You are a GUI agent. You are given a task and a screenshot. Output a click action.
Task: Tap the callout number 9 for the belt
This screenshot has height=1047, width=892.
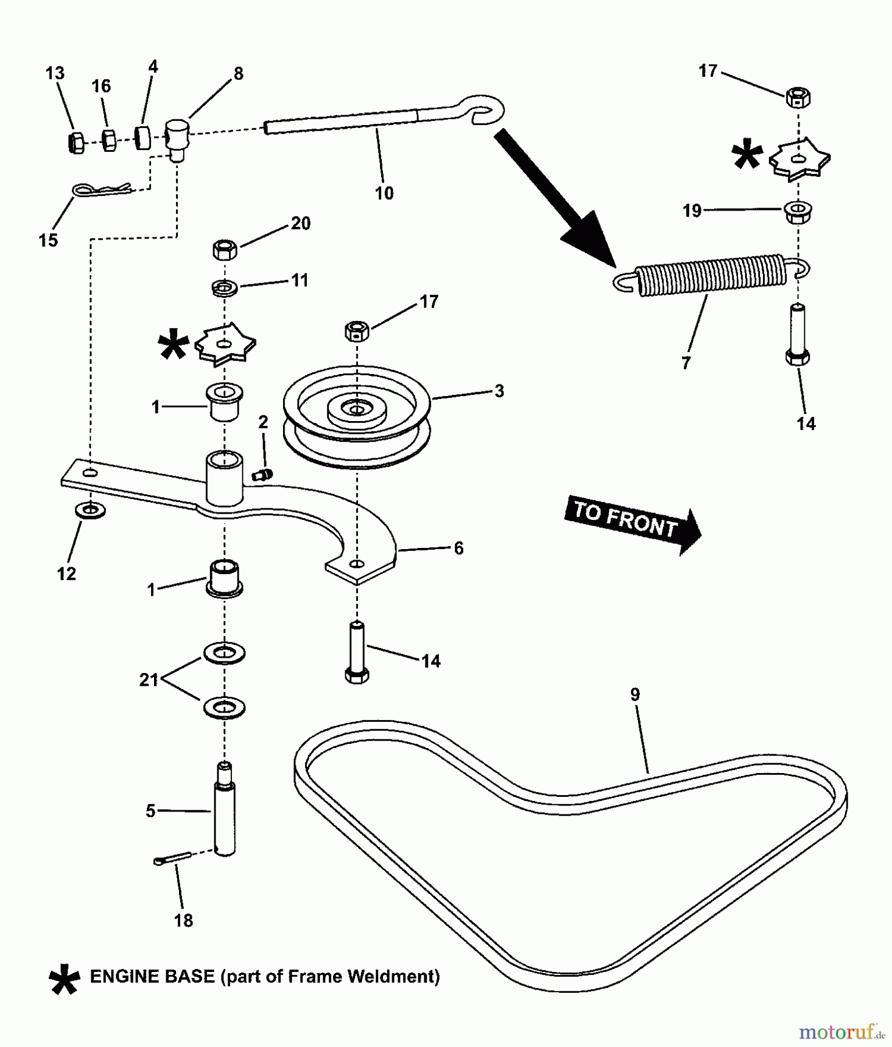[x=635, y=695]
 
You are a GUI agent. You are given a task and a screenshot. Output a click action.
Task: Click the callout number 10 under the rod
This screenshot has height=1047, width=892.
[x=384, y=193]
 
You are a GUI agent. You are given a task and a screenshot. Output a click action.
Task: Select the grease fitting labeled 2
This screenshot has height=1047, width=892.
[x=262, y=475]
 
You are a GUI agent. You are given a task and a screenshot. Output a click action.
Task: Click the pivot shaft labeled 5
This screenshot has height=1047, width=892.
[x=225, y=811]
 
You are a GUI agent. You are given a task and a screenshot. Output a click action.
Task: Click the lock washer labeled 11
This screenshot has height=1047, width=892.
[x=225, y=287]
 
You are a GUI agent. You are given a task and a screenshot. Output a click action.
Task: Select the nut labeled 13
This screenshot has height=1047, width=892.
[x=74, y=143]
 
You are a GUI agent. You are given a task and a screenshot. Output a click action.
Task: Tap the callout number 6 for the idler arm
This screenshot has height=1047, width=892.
[x=458, y=549]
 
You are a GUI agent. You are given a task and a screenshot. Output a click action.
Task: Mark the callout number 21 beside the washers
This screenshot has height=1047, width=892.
[x=149, y=679]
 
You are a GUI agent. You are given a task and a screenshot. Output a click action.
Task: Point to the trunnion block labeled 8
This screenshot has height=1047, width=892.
[x=177, y=137]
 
